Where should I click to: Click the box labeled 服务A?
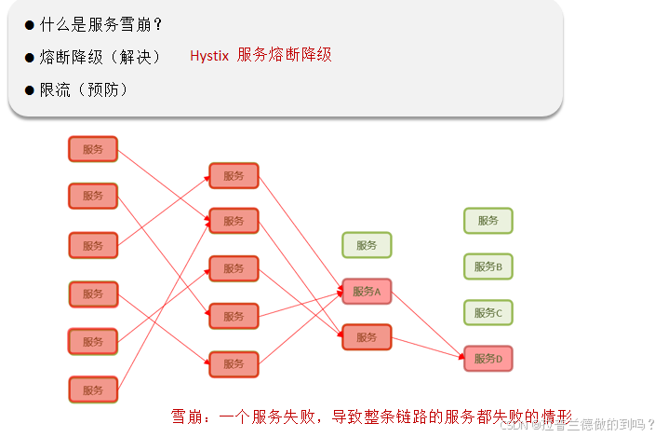367,292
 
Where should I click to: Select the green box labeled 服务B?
488,266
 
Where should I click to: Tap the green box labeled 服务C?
488,313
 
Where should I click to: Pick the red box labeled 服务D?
488,359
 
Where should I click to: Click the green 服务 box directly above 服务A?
367,245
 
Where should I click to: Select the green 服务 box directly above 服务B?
488,221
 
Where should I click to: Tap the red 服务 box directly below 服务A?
367,337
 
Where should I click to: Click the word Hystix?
209,56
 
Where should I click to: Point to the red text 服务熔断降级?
285,55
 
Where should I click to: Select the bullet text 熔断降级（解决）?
100,57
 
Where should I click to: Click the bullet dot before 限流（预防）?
30,90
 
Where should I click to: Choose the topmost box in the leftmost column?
93,149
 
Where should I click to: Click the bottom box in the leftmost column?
93,389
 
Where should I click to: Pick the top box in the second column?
234,176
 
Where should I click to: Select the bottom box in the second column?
234,364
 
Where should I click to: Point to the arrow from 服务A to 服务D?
428,325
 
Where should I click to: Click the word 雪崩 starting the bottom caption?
188,416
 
